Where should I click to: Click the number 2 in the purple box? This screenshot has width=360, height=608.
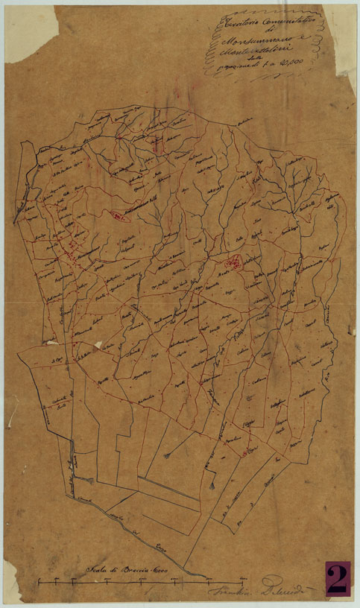336,579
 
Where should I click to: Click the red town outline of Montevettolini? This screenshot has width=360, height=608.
233,262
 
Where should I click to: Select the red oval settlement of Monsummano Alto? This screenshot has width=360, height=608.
118,216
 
